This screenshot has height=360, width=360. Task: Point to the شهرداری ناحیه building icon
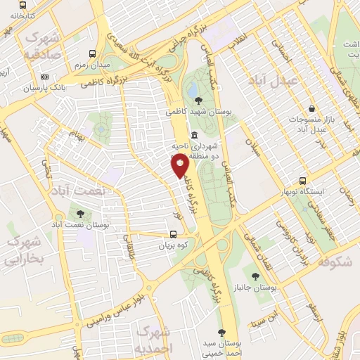coord(194,136)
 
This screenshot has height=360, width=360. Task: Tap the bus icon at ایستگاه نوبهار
coord(303,181)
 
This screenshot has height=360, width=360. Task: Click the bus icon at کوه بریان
coord(174,236)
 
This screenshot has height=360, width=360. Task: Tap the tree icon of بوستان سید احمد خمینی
coord(222,332)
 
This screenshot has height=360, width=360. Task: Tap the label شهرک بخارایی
coord(25,250)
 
